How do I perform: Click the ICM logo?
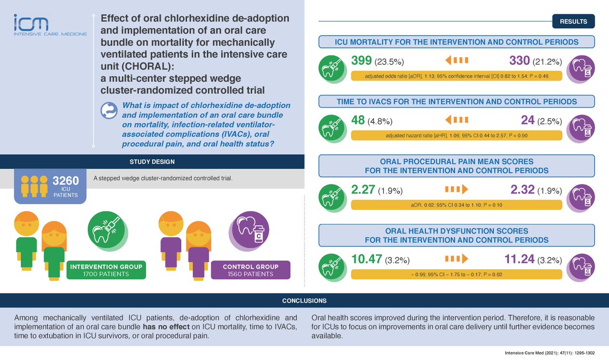point(50,25)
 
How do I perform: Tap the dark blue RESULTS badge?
point(573,21)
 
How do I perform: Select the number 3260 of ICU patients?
point(65,180)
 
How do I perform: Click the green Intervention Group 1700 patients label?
point(106,270)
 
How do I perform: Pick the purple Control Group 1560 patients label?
point(250,270)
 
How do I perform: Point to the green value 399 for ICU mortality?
point(361,60)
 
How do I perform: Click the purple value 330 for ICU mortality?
point(520,60)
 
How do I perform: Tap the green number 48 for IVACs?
point(358,120)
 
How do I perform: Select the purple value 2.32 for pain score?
point(523,189)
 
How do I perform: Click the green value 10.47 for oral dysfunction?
point(367,259)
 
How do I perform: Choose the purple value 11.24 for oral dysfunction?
point(520,259)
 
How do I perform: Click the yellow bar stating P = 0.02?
point(456,274)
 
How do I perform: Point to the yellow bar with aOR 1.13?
point(456,76)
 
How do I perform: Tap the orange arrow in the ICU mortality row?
point(457,60)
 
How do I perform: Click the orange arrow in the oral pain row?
point(457,189)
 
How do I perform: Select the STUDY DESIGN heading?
point(152,161)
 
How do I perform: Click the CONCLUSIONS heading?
point(304,301)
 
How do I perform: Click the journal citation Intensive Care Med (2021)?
point(550,353)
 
